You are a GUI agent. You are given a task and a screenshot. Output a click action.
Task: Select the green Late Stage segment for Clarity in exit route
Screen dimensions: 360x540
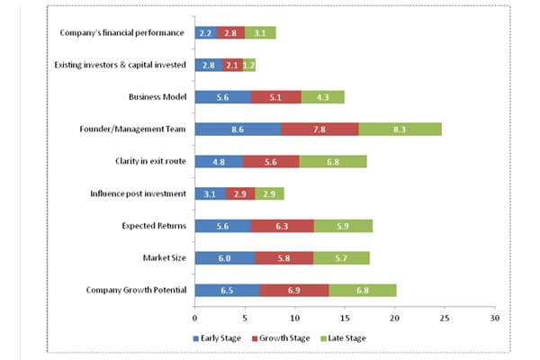tap(333, 162)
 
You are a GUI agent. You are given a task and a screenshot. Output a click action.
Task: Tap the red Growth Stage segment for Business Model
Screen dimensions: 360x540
tap(276, 97)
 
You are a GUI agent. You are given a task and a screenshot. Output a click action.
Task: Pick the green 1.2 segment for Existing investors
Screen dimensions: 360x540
tap(249, 65)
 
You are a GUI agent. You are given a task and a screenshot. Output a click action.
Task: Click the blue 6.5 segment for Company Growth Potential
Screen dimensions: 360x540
tap(227, 290)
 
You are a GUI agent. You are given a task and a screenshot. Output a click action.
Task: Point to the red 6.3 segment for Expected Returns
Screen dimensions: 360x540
tap(283, 226)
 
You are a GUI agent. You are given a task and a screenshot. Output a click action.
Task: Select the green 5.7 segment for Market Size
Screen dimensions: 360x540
tap(341, 258)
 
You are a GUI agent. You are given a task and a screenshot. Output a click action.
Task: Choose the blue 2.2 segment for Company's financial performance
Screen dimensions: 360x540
tap(205, 33)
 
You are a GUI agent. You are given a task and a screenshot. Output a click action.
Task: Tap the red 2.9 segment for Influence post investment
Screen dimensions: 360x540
tap(240, 193)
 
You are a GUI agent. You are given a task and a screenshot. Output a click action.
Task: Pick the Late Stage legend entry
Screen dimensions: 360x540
tap(345, 338)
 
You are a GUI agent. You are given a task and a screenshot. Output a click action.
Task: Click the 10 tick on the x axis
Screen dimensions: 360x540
tap(294, 318)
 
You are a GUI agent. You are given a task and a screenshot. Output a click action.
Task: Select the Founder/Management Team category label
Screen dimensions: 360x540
tap(133, 130)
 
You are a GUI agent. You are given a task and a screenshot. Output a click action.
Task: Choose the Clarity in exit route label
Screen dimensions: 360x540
tap(146, 162)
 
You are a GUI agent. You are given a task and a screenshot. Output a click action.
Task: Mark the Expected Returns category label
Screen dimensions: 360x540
tap(152, 226)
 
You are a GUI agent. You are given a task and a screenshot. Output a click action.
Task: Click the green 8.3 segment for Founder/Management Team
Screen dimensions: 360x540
tap(400, 130)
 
